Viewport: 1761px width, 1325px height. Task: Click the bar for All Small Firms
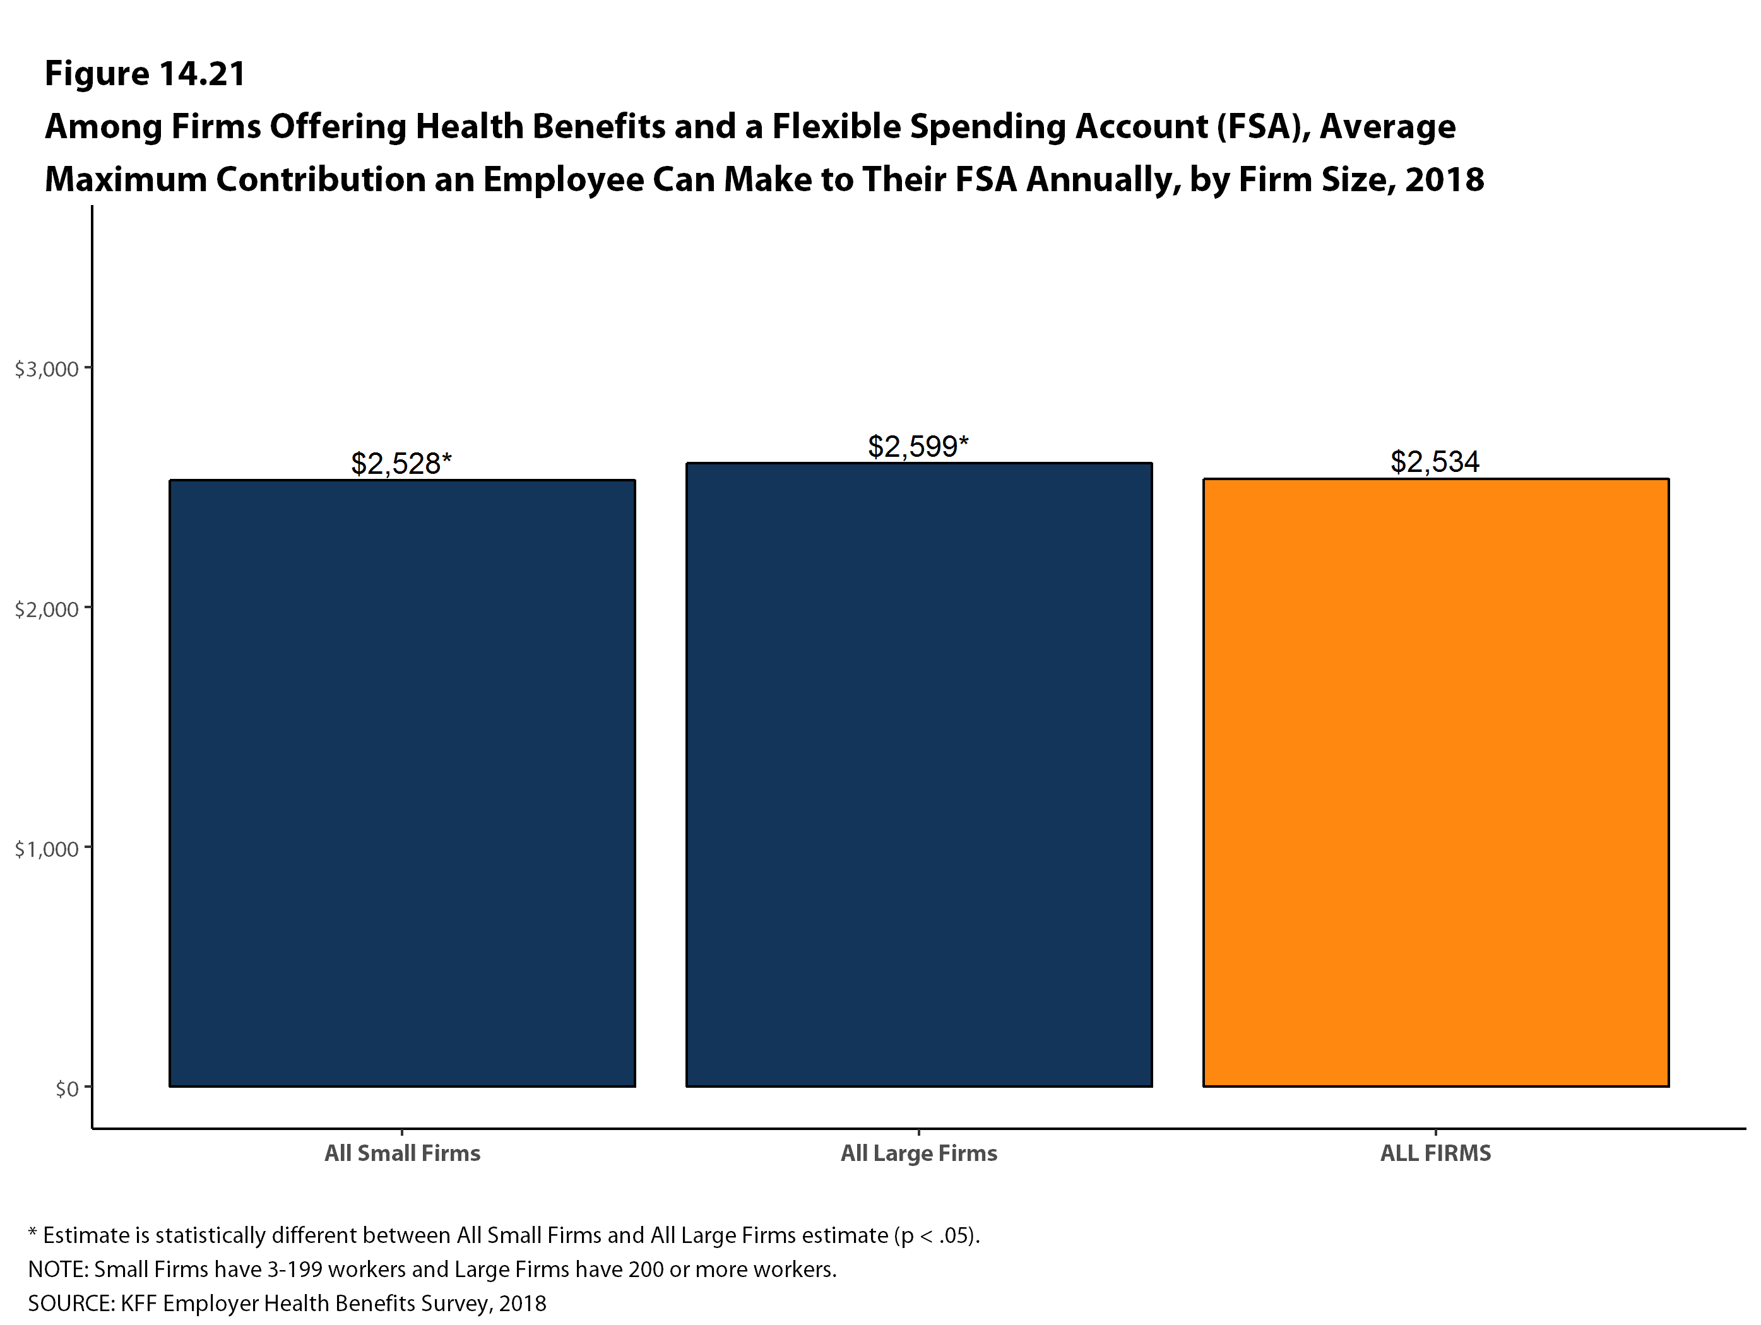point(402,783)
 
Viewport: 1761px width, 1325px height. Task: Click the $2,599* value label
point(918,447)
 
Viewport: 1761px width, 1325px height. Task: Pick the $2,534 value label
point(1435,462)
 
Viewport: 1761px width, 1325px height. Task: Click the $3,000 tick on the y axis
point(47,369)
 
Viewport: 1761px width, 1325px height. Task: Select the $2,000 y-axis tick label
point(47,609)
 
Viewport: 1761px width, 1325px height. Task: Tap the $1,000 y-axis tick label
point(47,849)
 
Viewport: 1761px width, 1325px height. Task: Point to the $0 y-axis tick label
point(67,1088)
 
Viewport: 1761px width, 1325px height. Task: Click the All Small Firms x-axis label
point(402,1153)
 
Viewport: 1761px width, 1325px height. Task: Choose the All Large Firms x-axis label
point(919,1153)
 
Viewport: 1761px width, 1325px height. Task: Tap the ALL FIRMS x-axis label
point(1435,1153)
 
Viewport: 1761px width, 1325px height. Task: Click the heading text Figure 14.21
point(145,73)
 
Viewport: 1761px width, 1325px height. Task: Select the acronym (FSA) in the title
point(1262,127)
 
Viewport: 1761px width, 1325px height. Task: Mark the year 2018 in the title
point(1444,179)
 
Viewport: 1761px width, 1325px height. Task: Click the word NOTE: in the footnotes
point(58,1269)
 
